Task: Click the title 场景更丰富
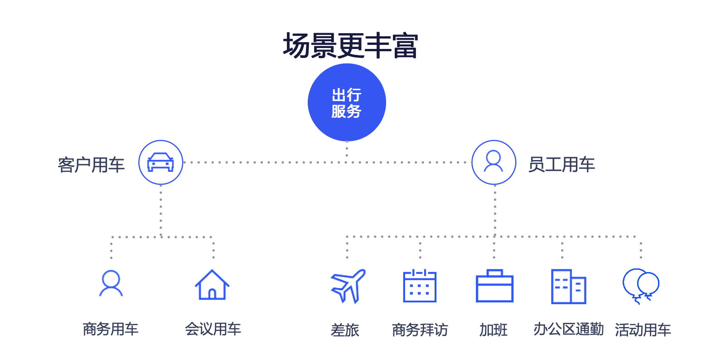point(350,46)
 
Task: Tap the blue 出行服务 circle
point(347,102)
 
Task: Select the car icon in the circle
point(160,162)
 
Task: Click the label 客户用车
point(91,165)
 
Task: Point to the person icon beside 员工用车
point(493,161)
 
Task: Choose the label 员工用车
point(561,165)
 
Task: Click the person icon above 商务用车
point(111,283)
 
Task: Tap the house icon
point(212,285)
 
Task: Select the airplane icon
point(348,286)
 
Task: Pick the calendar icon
point(420,286)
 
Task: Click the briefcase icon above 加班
point(494,286)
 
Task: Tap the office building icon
point(569,286)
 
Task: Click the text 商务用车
point(111,329)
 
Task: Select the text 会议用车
point(213,329)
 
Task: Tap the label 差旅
point(345,330)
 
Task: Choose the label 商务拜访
point(420,330)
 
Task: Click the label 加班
point(493,330)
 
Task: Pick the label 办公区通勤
point(569,330)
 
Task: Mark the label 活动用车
point(643,330)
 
